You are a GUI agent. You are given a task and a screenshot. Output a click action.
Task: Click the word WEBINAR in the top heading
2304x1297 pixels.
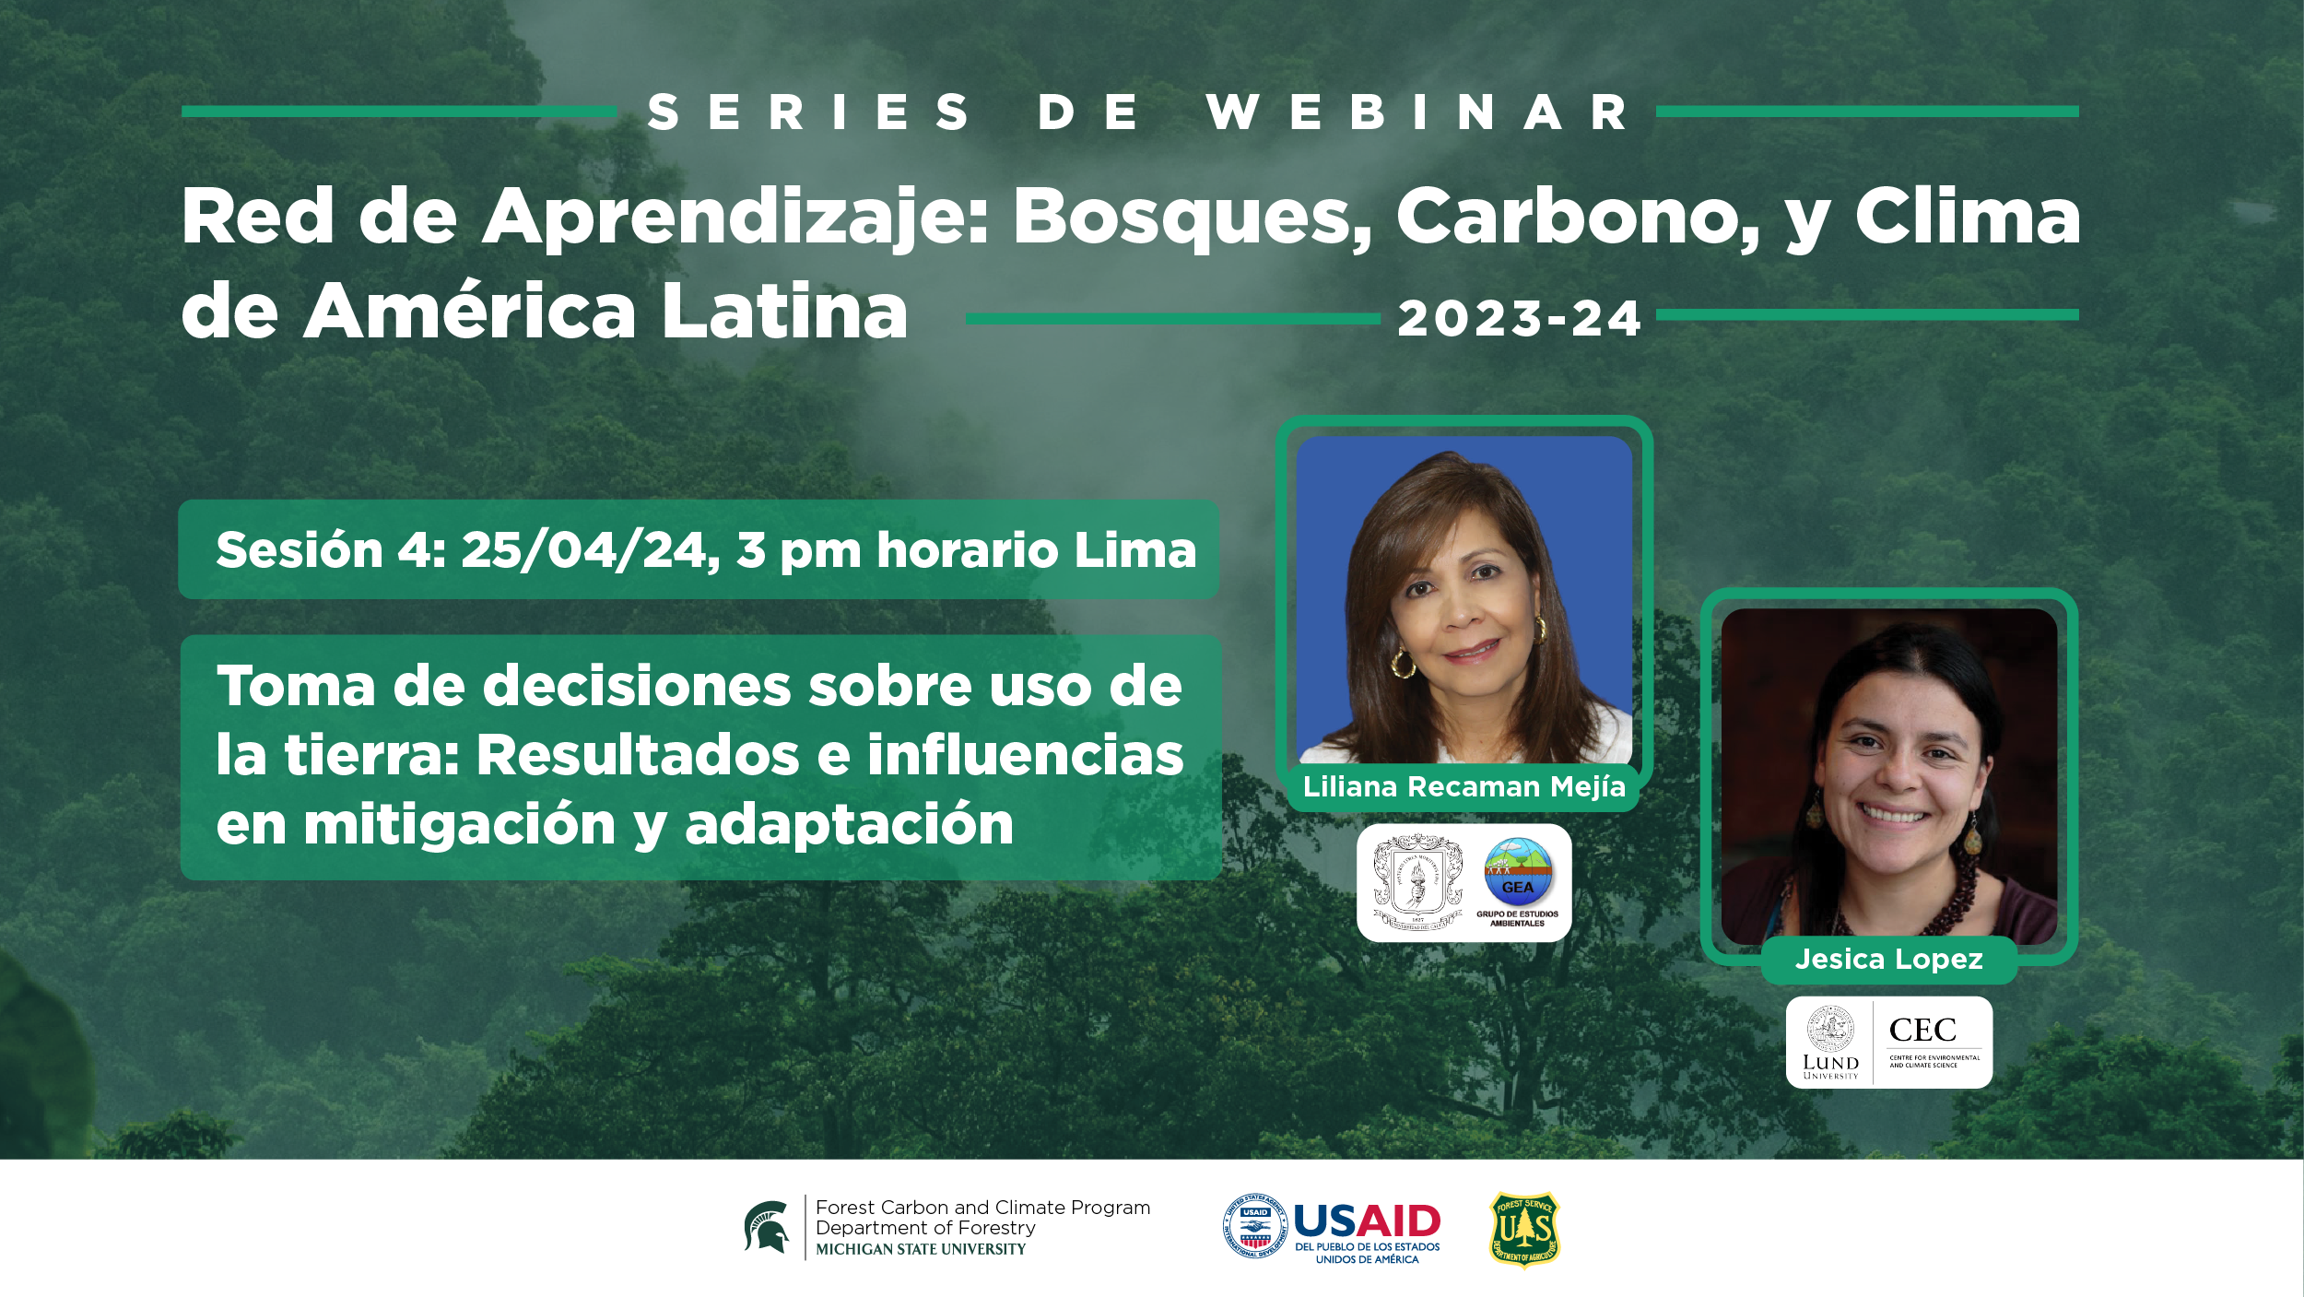pyautogui.click(x=1417, y=112)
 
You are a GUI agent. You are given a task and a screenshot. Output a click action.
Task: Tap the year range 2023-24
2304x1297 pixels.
pyautogui.click(x=1519, y=319)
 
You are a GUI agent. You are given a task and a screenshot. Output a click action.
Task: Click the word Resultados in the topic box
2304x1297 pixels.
pyautogui.click(x=637, y=755)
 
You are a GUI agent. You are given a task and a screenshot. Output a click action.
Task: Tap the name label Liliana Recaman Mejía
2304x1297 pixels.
pyautogui.click(x=1464, y=786)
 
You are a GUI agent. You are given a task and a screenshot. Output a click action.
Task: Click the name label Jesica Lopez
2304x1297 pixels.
pyautogui.click(x=1888, y=960)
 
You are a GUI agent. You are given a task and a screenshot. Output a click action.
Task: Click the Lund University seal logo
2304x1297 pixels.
pyautogui.click(x=1830, y=1030)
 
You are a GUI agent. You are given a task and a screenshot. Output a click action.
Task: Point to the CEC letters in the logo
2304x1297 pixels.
pyautogui.click(x=1922, y=1030)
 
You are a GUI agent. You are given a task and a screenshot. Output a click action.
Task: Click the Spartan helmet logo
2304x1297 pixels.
pyautogui.click(x=767, y=1227)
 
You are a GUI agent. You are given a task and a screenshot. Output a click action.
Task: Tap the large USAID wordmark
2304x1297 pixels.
pyautogui.click(x=1367, y=1221)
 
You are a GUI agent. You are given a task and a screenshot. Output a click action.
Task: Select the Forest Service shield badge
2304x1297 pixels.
pyautogui.click(x=1524, y=1230)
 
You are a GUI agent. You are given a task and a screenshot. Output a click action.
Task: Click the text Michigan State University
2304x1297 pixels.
pyautogui.click(x=921, y=1250)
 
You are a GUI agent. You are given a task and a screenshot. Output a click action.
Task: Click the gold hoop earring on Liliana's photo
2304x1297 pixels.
pyautogui.click(x=1403, y=663)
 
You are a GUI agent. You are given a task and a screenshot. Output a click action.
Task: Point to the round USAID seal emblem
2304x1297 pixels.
pyautogui.click(x=1254, y=1226)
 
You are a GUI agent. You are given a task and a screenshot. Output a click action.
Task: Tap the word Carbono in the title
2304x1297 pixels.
pyautogui.click(x=1578, y=218)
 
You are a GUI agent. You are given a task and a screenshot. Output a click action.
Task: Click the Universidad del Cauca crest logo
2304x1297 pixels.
pyautogui.click(x=1417, y=882)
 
